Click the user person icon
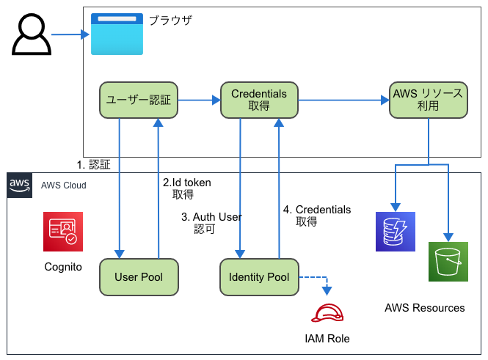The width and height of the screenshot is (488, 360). (x=32, y=34)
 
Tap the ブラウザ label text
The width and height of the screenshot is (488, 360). (x=170, y=21)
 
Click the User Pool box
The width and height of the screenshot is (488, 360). (x=138, y=277)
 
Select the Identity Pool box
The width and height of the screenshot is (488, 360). (x=259, y=277)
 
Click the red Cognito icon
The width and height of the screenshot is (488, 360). (x=62, y=230)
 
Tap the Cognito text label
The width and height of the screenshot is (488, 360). (x=63, y=267)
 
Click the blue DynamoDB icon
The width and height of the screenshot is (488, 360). (x=395, y=232)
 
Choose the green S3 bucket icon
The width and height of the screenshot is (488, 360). (x=448, y=262)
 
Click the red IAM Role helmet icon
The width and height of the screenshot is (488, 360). (x=327, y=313)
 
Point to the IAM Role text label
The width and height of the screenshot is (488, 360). (x=327, y=339)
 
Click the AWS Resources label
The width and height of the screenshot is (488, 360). (x=424, y=308)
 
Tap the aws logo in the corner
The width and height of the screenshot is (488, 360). (x=19, y=185)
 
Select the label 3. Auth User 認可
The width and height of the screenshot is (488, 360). (x=211, y=223)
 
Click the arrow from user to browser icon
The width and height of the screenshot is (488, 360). (x=70, y=34)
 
